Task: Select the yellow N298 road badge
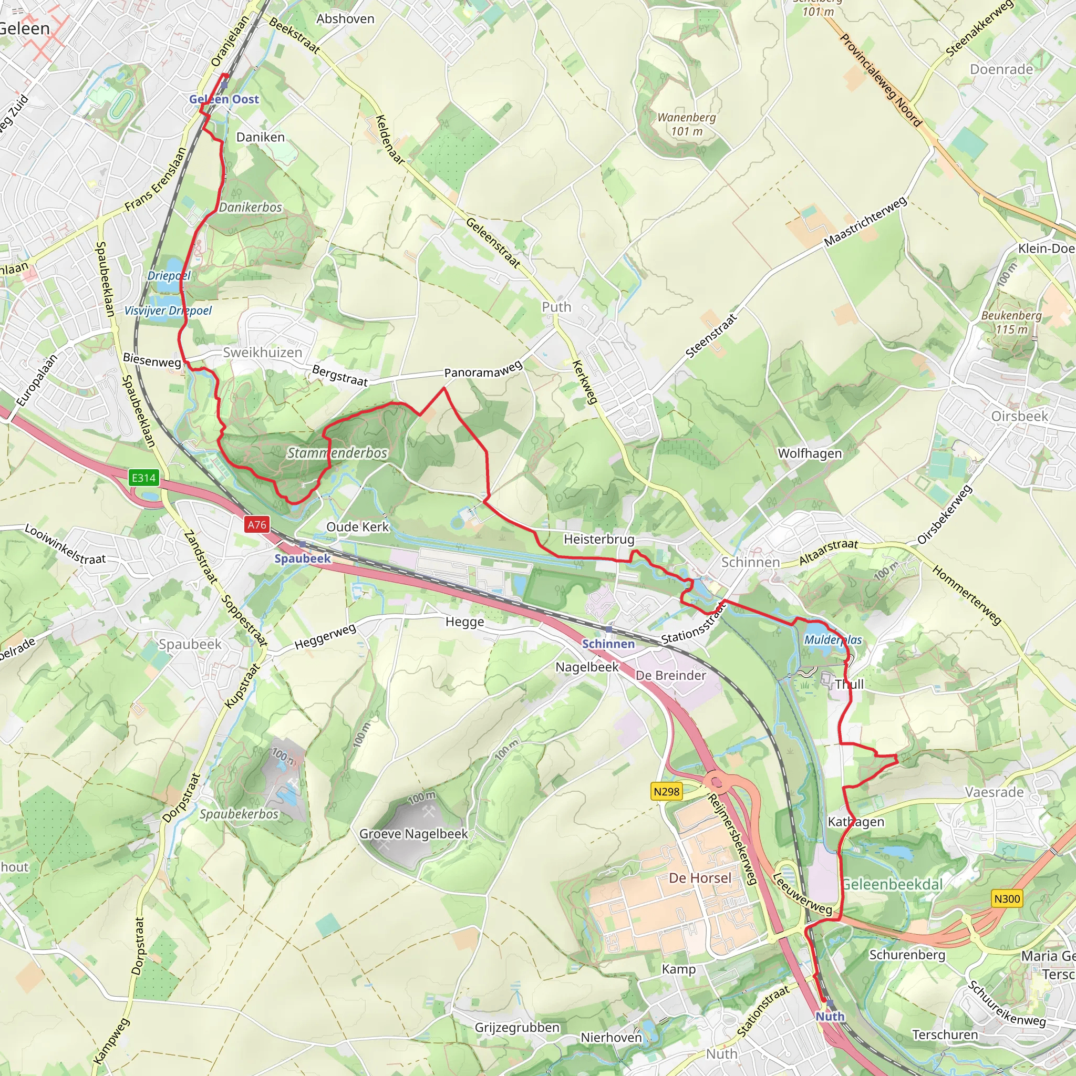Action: (x=667, y=791)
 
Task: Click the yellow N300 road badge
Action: (x=1007, y=898)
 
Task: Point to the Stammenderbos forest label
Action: (x=337, y=453)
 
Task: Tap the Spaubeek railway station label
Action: (x=303, y=558)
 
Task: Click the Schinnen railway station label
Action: (x=608, y=643)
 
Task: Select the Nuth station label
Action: (x=830, y=1016)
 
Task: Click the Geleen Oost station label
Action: (x=224, y=99)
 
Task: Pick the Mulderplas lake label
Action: (x=833, y=639)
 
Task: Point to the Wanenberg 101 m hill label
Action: (x=686, y=124)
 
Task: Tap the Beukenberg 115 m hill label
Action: (x=1011, y=322)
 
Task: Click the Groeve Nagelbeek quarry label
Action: (x=413, y=834)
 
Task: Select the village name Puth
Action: (x=556, y=307)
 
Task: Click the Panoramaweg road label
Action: (x=483, y=369)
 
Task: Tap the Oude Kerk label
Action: (x=358, y=526)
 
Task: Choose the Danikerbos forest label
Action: (x=251, y=207)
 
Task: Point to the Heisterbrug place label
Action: (x=599, y=539)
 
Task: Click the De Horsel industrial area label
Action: (x=700, y=878)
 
